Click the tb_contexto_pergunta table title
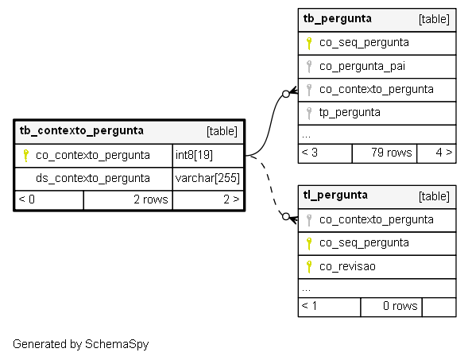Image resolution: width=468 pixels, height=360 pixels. pyautogui.click(x=82, y=131)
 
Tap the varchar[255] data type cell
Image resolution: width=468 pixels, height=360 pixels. pyautogui.click(x=208, y=179)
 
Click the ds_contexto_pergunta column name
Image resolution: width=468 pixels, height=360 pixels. pyautogui.click(x=92, y=178)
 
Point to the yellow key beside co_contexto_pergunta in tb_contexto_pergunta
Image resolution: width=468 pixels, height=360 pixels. pyautogui.click(x=26, y=156)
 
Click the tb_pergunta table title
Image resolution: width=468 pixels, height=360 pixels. pyautogui.click(x=337, y=18)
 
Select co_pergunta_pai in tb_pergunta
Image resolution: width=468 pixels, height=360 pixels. pyautogui.click(x=362, y=66)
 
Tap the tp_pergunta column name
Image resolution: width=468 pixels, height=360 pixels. pyautogui.click(x=350, y=113)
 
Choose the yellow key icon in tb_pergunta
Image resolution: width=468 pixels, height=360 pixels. pyautogui.click(x=309, y=43)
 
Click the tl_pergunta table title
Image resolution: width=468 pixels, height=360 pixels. pyautogui.click(x=335, y=195)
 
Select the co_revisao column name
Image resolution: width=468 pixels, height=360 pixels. pyautogui.click(x=347, y=266)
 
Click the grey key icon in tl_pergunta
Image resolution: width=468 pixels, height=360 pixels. pyautogui.click(x=309, y=220)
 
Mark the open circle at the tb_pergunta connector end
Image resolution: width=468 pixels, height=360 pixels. pyautogui.click(x=285, y=94)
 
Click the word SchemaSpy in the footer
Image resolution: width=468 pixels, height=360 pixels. pyautogui.click(x=117, y=344)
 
